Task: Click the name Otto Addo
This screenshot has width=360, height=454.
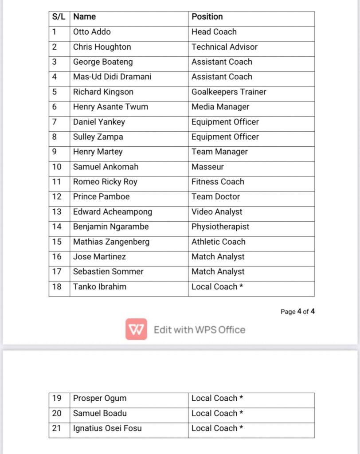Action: (92, 32)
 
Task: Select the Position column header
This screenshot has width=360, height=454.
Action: (207, 17)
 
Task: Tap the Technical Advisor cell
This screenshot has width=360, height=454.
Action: (224, 47)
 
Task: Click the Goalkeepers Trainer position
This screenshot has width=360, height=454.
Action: (229, 92)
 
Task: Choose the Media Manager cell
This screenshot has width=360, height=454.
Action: (220, 107)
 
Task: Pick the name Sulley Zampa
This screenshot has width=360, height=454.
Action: (98, 137)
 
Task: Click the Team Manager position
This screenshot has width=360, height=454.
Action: (219, 152)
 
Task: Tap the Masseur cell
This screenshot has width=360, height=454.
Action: (207, 167)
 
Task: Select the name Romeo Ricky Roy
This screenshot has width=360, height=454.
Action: (105, 182)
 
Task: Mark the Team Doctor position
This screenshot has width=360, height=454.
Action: (215, 197)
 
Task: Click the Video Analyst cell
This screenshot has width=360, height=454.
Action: (217, 212)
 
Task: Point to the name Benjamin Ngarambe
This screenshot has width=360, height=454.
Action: (111, 227)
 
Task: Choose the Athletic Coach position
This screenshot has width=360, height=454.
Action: (218, 242)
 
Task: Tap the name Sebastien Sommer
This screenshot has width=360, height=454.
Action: (108, 272)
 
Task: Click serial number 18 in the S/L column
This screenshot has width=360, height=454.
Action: (57, 287)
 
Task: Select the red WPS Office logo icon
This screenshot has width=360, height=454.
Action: (136, 329)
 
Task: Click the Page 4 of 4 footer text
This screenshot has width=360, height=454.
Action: (297, 312)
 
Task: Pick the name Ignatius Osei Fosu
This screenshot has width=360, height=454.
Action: (107, 428)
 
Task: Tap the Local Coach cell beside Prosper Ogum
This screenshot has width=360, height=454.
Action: (217, 398)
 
